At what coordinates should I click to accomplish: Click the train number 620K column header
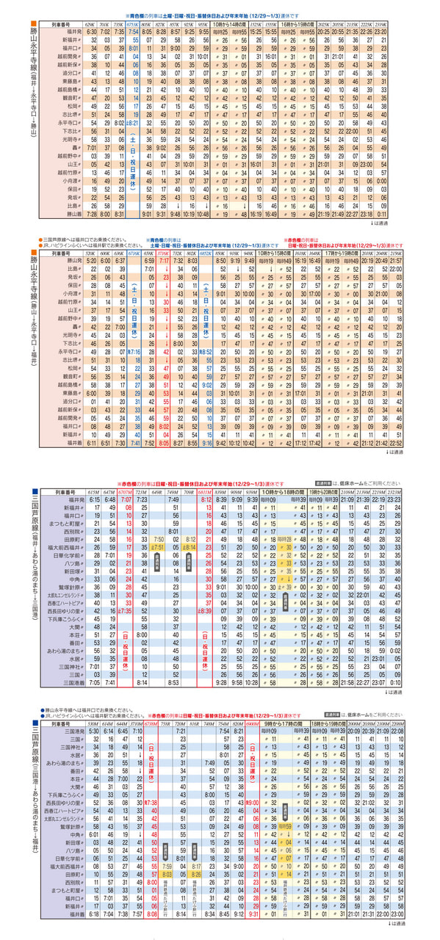[x=91, y=24]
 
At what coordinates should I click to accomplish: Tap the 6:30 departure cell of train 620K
[x=91, y=32]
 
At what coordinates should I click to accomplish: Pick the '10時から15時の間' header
[x=275, y=252]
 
